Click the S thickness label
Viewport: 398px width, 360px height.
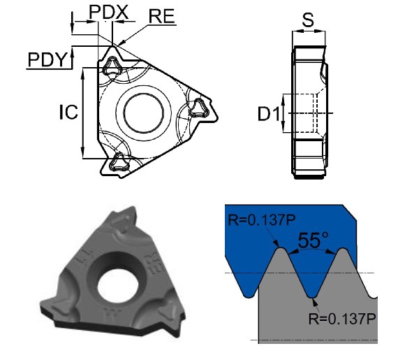pyautogui.click(x=307, y=19)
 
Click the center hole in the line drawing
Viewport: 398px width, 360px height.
pyautogui.click(x=143, y=110)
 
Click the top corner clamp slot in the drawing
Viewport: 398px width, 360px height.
pyautogui.click(x=112, y=66)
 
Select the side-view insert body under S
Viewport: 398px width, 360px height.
pyautogui.click(x=309, y=112)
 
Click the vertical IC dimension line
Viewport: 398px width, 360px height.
pyautogui.click(x=84, y=112)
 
